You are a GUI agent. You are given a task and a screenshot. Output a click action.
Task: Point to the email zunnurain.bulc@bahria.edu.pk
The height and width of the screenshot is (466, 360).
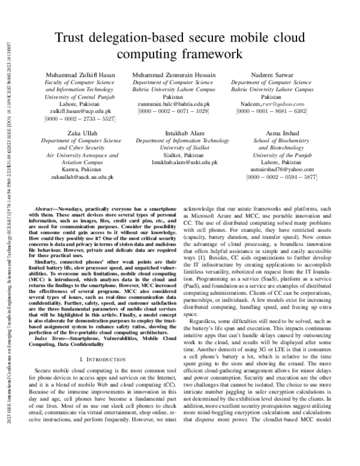173,103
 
